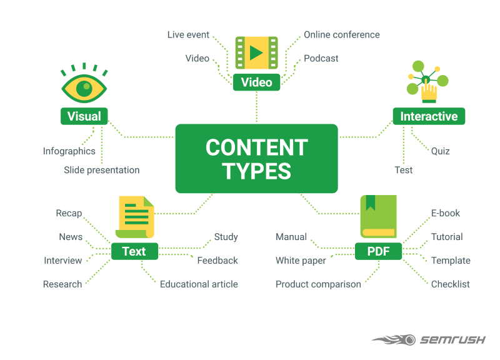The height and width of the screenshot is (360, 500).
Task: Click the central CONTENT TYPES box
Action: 256,158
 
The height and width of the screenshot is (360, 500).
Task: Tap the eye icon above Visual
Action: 84,87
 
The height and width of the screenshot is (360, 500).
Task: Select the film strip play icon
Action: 256,52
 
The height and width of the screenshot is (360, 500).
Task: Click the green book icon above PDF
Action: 378,216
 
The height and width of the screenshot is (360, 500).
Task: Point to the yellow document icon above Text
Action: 135,217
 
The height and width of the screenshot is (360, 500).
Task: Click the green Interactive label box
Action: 429,116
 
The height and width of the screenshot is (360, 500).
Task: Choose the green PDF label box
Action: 378,251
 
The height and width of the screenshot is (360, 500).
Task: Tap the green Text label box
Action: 134,251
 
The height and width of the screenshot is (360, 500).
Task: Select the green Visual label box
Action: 84,116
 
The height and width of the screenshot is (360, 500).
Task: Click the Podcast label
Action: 321,58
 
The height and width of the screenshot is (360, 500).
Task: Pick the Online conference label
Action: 342,34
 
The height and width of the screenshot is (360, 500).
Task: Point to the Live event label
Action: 188,34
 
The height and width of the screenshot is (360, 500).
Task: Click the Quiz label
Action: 440,151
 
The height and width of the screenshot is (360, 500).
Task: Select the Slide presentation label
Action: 102,170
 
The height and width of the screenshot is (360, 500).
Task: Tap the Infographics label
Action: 69,151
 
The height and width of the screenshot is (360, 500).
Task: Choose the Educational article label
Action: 199,284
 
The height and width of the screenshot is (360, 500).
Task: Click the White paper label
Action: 301,260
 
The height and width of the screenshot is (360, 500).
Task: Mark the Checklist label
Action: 451,284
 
